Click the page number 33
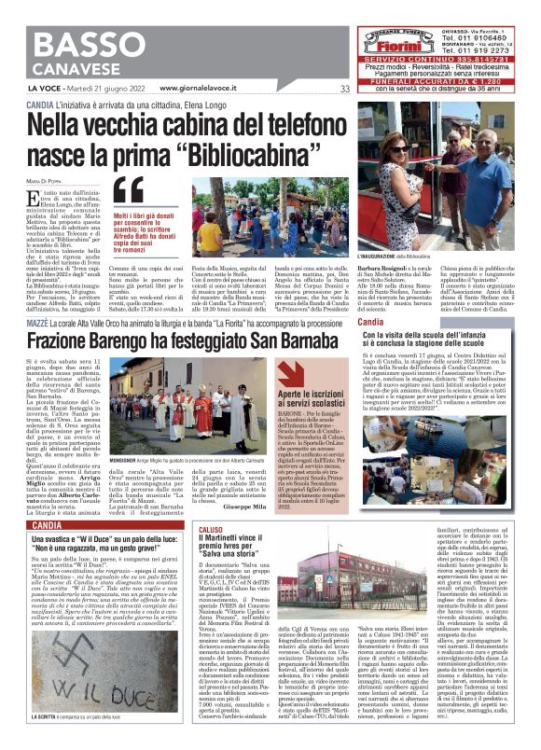tap(344, 89)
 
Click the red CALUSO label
tap(184, 529)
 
